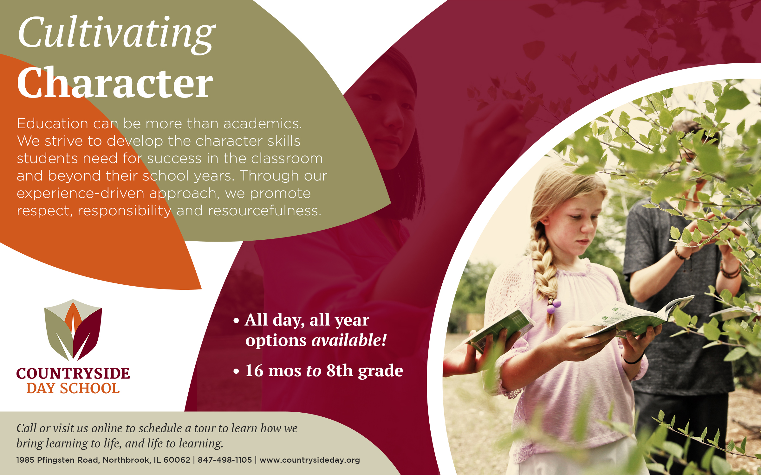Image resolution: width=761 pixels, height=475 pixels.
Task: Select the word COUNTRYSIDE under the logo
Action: point(73,374)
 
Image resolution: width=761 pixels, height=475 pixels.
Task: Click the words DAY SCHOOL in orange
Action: point(73,389)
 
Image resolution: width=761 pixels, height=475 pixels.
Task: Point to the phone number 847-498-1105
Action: point(225,460)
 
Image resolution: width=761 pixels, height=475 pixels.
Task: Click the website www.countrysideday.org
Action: point(310,460)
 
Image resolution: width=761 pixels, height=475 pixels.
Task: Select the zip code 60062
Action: point(177,460)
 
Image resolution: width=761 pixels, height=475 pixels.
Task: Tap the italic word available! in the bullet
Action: point(349,340)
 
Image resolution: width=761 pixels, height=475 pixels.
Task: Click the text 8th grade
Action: point(365,370)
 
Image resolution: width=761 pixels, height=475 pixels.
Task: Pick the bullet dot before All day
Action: point(236,321)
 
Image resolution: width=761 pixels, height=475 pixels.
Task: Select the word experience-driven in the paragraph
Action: point(81,193)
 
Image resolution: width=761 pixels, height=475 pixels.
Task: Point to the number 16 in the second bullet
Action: point(254,370)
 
